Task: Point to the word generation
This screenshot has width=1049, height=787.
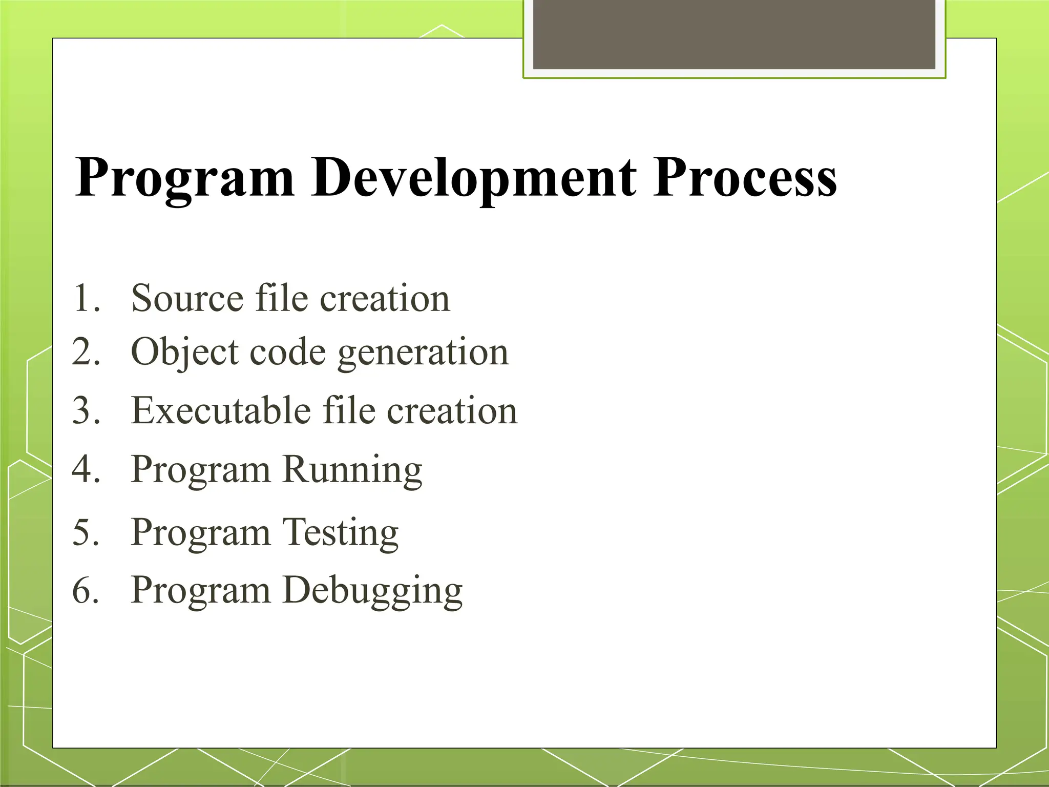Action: click(x=423, y=353)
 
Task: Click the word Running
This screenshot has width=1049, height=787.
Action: click(x=352, y=469)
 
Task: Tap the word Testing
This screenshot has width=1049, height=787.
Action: click(x=341, y=532)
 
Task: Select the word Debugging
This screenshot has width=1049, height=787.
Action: click(x=372, y=591)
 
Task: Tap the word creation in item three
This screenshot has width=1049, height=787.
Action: click(x=452, y=410)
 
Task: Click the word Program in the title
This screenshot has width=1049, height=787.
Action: click(x=185, y=179)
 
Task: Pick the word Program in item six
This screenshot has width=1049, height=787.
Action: click(x=200, y=591)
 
